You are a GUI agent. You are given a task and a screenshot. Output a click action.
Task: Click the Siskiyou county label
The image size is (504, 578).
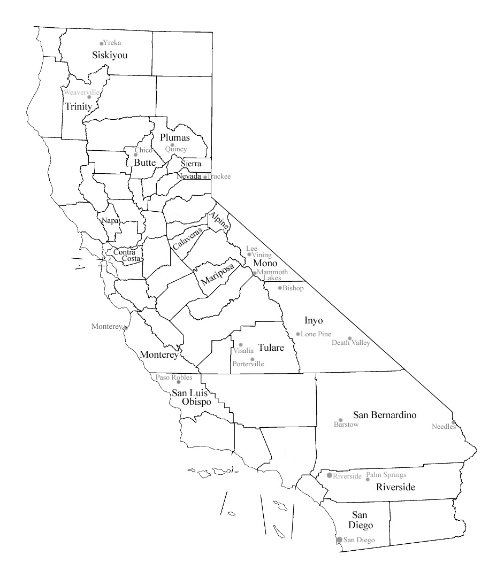(x=110, y=55)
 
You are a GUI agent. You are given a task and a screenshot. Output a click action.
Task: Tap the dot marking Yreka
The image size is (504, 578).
(x=101, y=43)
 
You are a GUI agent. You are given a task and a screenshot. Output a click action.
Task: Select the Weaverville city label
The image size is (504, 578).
(x=81, y=93)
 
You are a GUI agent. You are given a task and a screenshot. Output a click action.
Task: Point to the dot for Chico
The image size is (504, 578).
(x=135, y=155)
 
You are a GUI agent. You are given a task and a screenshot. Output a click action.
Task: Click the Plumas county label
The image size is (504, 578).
(x=175, y=137)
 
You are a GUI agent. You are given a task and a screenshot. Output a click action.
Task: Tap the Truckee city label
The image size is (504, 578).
(x=219, y=176)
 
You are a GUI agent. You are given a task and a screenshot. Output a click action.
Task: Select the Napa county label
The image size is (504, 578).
(x=110, y=220)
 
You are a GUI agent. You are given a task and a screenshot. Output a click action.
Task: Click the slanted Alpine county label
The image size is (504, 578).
(x=219, y=221)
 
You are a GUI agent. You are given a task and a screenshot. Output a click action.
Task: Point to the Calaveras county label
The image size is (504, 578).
(x=188, y=238)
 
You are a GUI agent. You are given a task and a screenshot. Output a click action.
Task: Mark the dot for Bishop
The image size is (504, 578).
(x=280, y=288)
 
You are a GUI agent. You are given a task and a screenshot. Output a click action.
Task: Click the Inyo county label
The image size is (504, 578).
(x=314, y=320)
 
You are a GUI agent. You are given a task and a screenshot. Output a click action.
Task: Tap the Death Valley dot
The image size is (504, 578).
(x=350, y=338)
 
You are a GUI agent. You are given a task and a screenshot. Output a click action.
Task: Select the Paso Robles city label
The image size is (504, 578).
(x=174, y=377)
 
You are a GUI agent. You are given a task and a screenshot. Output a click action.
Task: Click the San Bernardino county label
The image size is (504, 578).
(x=385, y=415)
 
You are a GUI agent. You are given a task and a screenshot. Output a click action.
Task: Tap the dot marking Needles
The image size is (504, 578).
(x=453, y=422)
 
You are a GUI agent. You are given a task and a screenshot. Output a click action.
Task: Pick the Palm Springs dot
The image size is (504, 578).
(x=367, y=479)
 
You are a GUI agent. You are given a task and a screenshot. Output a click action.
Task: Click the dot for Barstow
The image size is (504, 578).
(x=340, y=420)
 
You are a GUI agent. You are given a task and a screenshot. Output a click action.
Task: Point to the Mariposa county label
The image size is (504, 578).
(x=218, y=273)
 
